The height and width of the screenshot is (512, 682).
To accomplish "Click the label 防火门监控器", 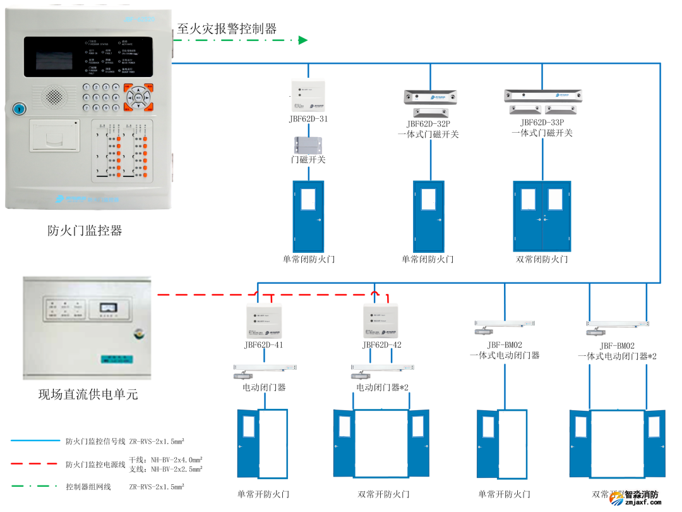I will (x=85, y=231).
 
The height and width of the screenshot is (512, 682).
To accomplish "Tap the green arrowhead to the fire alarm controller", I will (x=303, y=40).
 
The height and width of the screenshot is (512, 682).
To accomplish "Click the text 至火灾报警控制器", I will (x=227, y=28).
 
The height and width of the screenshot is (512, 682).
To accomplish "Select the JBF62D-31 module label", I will (x=308, y=119).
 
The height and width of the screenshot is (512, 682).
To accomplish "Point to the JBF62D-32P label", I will (x=428, y=124).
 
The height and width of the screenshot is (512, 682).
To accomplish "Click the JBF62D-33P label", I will (x=542, y=123).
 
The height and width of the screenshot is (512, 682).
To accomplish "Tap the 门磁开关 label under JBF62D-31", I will (x=308, y=159).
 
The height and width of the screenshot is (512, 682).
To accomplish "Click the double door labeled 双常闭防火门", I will (x=542, y=217).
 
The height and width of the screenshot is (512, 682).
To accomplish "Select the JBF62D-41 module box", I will (x=263, y=322).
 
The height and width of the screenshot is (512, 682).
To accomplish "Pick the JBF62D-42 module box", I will (x=381, y=322).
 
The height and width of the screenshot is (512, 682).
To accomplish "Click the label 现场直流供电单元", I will (x=88, y=395).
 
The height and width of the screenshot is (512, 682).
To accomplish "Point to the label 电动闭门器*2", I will (x=383, y=387).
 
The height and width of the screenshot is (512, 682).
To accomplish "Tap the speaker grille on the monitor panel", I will (x=56, y=96).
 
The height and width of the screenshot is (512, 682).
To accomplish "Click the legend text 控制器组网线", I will (x=88, y=487).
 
